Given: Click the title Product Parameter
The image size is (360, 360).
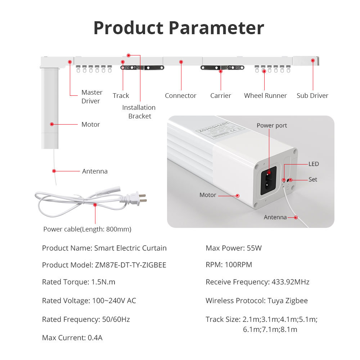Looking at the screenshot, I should pyautogui.click(x=179, y=28).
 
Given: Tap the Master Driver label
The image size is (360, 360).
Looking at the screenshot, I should pyautogui.click(x=91, y=97).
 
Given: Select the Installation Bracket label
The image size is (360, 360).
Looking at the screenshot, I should pyautogui.click(x=139, y=112).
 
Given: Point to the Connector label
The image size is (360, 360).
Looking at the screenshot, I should pyautogui.click(x=180, y=96).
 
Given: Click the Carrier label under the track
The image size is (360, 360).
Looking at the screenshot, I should pyautogui.click(x=221, y=96).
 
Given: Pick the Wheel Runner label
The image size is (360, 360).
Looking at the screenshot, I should pyautogui.click(x=265, y=96).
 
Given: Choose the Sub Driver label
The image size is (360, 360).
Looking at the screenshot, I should pyautogui.click(x=312, y=96).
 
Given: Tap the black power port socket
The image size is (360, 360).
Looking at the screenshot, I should pyautogui.click(x=268, y=180).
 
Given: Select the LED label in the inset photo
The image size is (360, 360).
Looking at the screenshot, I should pyautogui.click(x=314, y=164).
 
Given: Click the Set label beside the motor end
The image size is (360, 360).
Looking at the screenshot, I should pyautogui.click(x=313, y=179).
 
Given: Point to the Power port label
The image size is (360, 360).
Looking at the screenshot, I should pyautogui.click(x=272, y=126).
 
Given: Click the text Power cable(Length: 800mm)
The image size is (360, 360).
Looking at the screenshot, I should pyautogui.click(x=87, y=229).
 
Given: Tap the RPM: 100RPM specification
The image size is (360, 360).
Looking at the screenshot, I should pyautogui.click(x=229, y=265).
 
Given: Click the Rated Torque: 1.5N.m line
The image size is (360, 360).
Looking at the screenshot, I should pyautogui.click(x=78, y=282).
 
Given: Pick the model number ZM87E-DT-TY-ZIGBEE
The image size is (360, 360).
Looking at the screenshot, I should pyautogui.click(x=130, y=265).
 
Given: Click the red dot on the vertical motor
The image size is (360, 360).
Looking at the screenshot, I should pyautogui.click(x=52, y=124).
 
